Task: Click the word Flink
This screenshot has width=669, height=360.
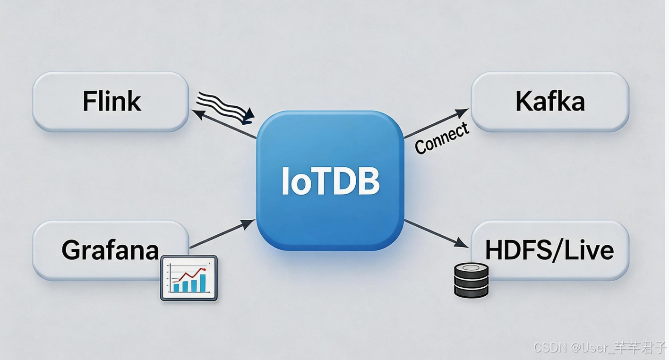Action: pyautogui.click(x=111, y=101)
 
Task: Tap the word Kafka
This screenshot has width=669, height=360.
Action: pyautogui.click(x=550, y=101)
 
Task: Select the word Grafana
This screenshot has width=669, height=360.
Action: pyautogui.click(x=110, y=250)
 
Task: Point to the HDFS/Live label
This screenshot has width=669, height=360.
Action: pyautogui.click(x=549, y=250)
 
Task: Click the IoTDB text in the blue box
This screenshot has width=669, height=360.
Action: pyautogui.click(x=330, y=181)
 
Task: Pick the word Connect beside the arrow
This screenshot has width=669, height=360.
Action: pyautogui.click(x=442, y=138)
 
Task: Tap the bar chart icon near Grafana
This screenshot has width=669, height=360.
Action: pyautogui.click(x=189, y=278)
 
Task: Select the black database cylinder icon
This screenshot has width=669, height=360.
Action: pyautogui.click(x=471, y=280)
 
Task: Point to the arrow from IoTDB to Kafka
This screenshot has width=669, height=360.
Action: pyautogui.click(x=436, y=124)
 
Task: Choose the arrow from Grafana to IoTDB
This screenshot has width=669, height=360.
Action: pyautogui.click(x=222, y=234)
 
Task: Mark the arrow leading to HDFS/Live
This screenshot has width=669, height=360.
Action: pyautogui.click(x=435, y=233)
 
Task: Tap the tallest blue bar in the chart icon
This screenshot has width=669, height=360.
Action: pyautogui.click(x=203, y=283)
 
